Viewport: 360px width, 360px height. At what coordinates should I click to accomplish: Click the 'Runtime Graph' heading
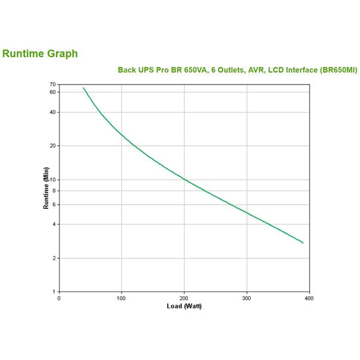[40, 54]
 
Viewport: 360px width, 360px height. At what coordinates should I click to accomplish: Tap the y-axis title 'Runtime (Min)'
[46, 188]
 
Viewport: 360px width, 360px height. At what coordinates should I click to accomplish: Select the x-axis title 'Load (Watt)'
[185, 306]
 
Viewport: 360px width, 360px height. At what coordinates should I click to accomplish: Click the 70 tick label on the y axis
[53, 84]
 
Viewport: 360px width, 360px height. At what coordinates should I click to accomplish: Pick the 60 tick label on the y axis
[53, 92]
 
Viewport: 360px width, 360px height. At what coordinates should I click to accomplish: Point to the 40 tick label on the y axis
[53, 112]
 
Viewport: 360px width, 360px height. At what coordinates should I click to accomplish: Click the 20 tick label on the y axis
[53, 146]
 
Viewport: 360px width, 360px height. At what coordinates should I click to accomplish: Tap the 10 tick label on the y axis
[53, 180]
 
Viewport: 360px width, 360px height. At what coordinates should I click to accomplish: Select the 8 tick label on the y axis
[54, 190]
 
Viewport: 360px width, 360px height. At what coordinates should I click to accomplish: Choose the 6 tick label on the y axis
[54, 205]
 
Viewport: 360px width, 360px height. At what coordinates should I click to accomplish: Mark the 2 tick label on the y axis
[54, 258]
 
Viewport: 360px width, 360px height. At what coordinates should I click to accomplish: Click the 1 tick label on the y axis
[54, 292]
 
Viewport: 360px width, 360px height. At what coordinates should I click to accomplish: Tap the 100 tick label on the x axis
[121, 298]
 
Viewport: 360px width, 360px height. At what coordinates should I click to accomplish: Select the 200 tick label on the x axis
[184, 298]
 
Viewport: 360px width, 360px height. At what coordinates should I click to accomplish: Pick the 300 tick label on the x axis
[246, 298]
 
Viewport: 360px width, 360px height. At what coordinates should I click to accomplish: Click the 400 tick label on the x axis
[308, 298]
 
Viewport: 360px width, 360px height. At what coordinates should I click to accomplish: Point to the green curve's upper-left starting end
[83, 87]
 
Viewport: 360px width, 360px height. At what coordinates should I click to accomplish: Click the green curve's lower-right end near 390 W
[303, 243]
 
